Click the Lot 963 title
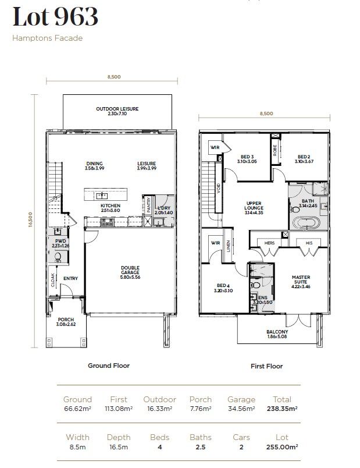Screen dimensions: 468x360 point(55,17)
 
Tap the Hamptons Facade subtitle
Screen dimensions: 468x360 point(48,38)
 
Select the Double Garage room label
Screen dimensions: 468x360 point(130,271)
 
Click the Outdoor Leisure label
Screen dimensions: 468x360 point(117,111)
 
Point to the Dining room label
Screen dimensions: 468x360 point(94,166)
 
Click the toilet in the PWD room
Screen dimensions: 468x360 point(58,256)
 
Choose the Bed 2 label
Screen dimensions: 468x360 point(304,159)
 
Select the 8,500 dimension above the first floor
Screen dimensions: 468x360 point(266,114)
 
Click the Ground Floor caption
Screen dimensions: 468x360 point(109,366)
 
